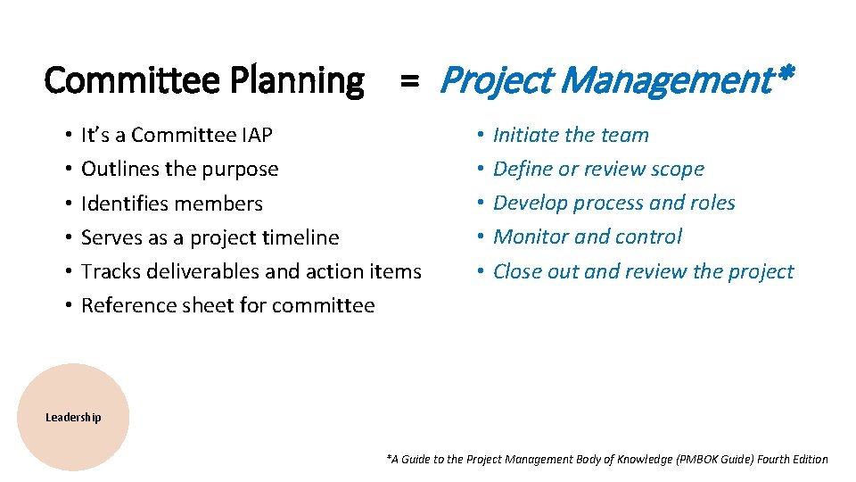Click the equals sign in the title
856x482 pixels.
coord(409,81)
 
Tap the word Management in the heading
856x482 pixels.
coord(667,80)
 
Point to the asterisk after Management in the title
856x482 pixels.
coord(785,75)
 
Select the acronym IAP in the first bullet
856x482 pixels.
coord(257,136)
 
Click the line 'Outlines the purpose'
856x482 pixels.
coord(179,170)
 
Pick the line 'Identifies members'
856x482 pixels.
coord(171,204)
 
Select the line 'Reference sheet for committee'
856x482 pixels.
coord(227,305)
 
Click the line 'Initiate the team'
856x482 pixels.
coord(571,136)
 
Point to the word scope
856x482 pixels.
coord(677,170)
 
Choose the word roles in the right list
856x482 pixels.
coord(712,204)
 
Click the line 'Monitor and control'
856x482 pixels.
coord(587,237)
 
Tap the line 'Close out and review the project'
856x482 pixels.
coord(643,271)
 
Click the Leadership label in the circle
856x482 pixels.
coord(73,417)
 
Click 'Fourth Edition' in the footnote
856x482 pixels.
coord(791,460)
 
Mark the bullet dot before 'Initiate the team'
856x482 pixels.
coord(480,136)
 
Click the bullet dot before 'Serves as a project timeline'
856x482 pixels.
coord(68,237)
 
